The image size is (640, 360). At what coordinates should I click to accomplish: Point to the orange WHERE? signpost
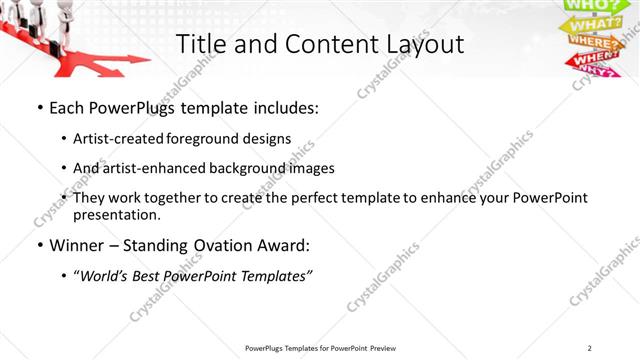(x=593, y=42)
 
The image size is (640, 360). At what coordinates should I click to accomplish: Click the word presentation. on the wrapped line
(x=123, y=215)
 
